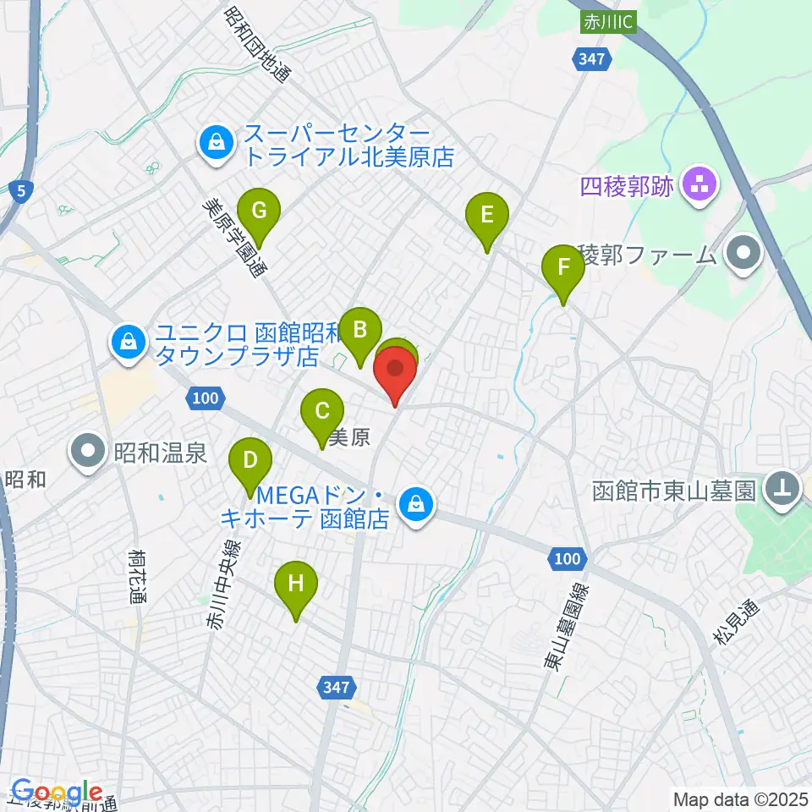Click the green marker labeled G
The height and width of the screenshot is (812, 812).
pyautogui.click(x=259, y=210)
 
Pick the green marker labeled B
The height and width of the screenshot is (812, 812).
pyautogui.click(x=360, y=329)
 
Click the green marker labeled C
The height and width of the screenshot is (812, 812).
pyautogui.click(x=322, y=412)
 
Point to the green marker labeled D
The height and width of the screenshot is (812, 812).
pyautogui.click(x=251, y=461)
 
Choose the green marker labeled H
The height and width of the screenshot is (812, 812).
pyautogui.click(x=295, y=584)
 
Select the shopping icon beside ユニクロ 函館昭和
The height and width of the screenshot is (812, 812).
pyautogui.click(x=127, y=343)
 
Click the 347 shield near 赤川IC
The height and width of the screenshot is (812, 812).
pyautogui.click(x=591, y=58)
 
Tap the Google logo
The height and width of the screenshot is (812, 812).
pyautogui.click(x=57, y=793)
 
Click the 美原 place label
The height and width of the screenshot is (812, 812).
pyautogui.click(x=349, y=437)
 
